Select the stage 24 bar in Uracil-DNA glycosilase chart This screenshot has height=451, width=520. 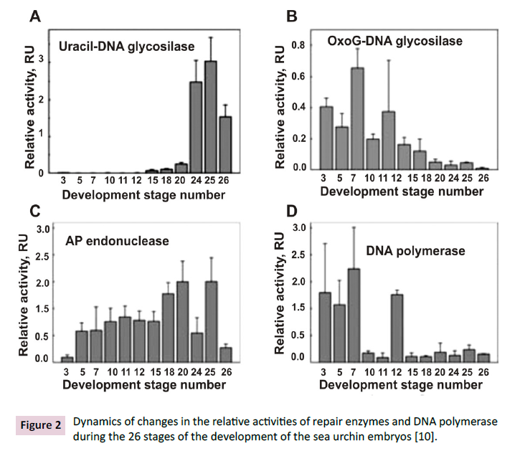pyautogui.click(x=195, y=127)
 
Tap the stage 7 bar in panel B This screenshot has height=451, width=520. pyautogui.click(x=356, y=118)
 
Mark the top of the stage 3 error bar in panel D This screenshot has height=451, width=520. pyautogui.click(x=324, y=244)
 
